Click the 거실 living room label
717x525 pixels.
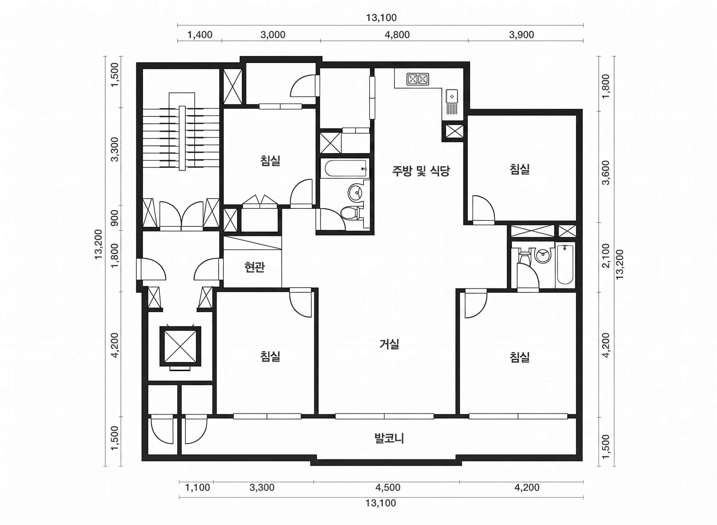[389, 344]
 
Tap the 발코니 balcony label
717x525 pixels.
[389, 439]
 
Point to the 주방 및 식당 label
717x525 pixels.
[421, 171]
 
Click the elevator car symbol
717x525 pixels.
[180, 346]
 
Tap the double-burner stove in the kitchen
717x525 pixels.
[418, 79]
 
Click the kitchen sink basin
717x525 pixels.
[451, 96]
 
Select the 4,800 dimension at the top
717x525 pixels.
[397, 35]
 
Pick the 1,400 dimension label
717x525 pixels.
[200, 35]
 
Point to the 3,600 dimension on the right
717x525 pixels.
[606, 173]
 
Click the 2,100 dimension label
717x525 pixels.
[606, 256]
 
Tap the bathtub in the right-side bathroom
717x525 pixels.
[565, 265]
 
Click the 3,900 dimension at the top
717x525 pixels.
[521, 35]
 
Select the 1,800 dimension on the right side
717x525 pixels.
[606, 86]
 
